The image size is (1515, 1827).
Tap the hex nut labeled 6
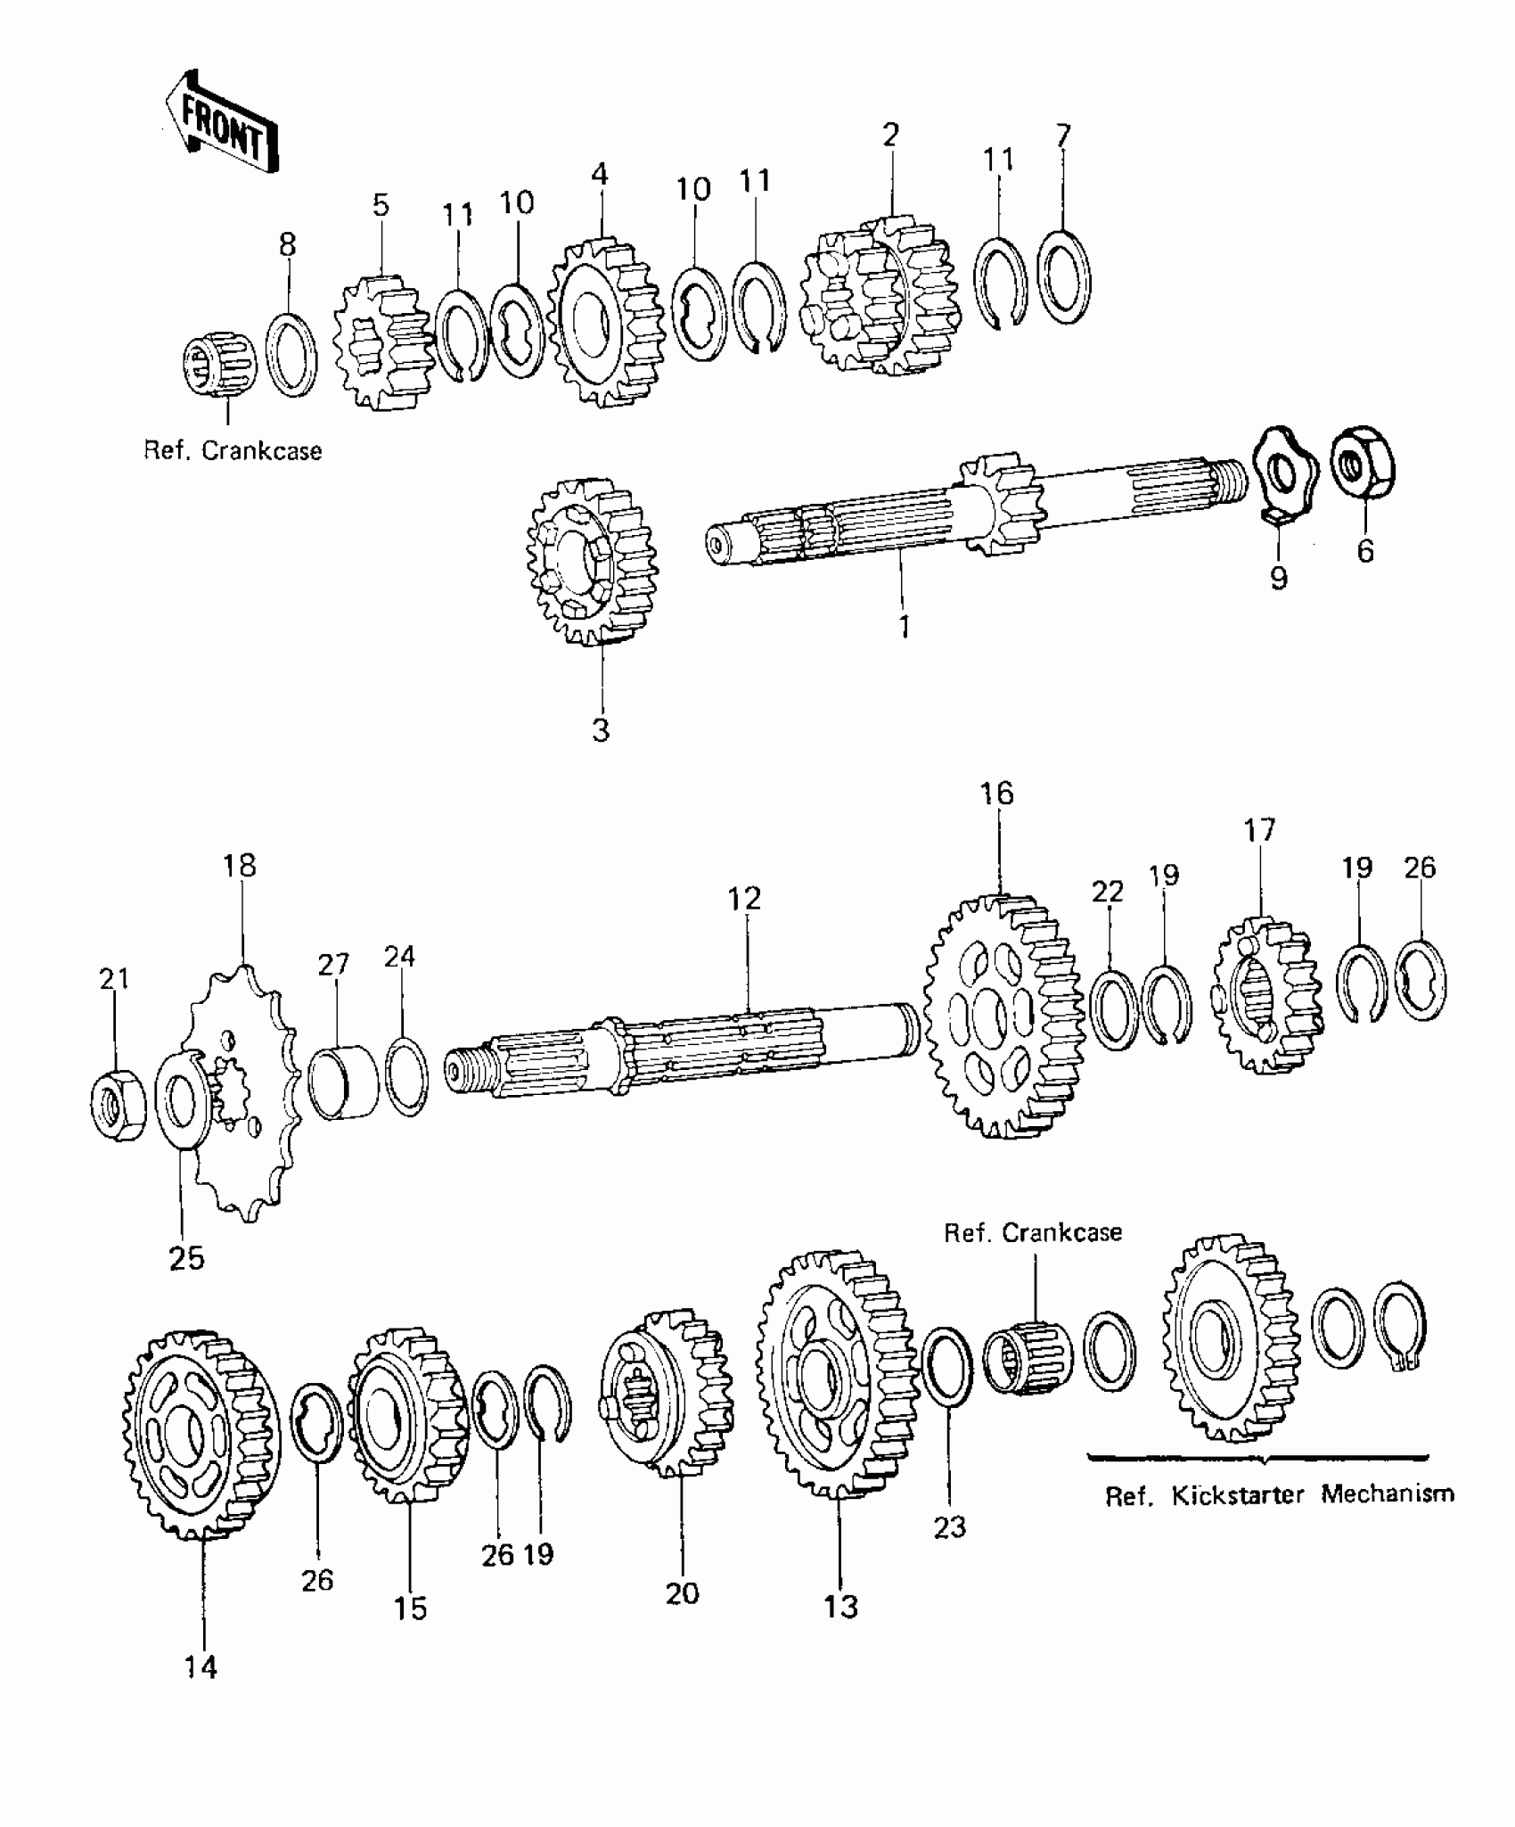click(x=1363, y=465)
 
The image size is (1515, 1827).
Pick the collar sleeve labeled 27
click(x=342, y=1082)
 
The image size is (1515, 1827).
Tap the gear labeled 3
click(x=593, y=562)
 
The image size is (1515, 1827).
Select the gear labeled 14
click(x=201, y=1434)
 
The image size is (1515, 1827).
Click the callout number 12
click(x=744, y=899)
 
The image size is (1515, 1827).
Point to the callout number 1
click(x=904, y=627)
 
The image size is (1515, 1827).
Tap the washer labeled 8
click(x=291, y=354)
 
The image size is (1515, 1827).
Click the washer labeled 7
click(x=1064, y=276)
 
